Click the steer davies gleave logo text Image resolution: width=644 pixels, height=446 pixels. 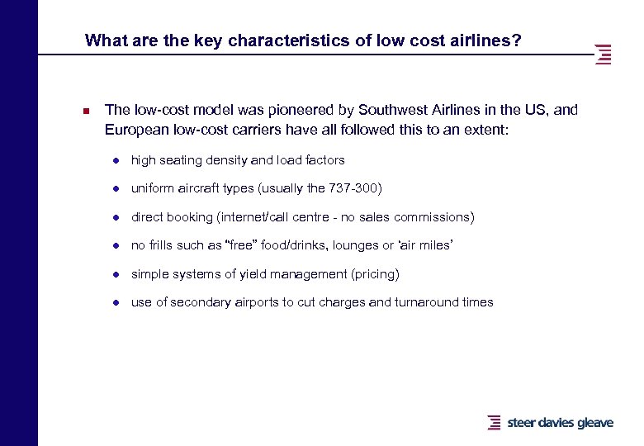click(559, 423)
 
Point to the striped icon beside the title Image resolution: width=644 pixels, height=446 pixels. click(604, 54)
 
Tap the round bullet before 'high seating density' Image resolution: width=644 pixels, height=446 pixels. click(118, 160)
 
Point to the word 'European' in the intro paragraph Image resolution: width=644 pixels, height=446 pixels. click(133, 129)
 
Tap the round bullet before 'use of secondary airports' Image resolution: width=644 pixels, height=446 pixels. click(118, 302)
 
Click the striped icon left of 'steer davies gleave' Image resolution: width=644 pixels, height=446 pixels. click(494, 422)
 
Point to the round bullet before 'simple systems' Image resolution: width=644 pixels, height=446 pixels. click(118, 274)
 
